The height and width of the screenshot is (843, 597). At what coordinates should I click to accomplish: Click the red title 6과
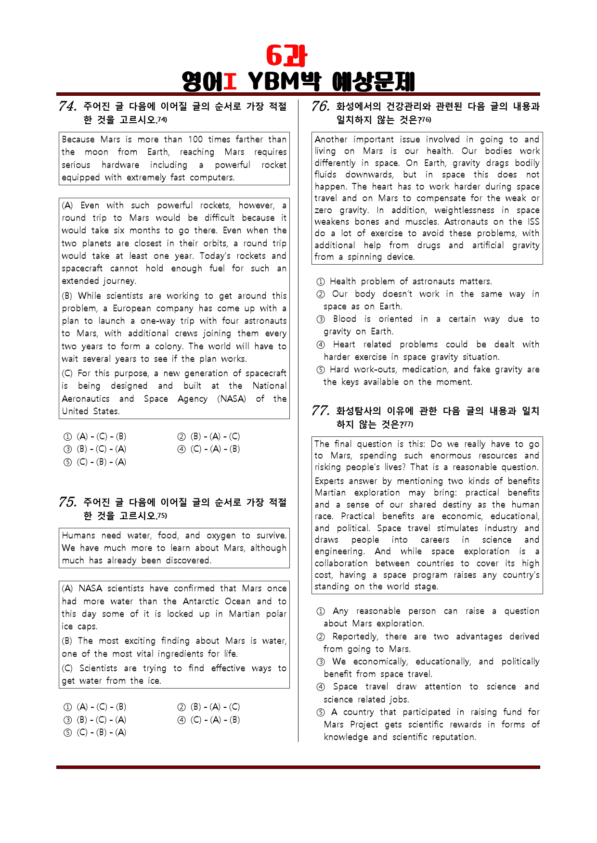(287, 56)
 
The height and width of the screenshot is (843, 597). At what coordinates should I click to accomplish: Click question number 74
(67, 106)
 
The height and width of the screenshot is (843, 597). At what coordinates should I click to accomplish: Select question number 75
(67, 502)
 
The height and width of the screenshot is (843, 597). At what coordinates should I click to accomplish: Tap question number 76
(321, 106)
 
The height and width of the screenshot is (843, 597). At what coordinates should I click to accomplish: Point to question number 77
(321, 410)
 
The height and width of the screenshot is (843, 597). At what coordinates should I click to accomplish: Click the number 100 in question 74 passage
(195, 139)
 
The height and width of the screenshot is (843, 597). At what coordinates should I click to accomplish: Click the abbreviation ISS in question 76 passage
(533, 221)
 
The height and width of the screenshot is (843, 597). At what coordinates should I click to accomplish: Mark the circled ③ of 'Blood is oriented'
(321, 319)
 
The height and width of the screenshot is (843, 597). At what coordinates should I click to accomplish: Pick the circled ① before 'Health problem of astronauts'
(321, 281)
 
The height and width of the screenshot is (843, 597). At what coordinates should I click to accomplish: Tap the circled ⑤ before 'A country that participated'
(321, 712)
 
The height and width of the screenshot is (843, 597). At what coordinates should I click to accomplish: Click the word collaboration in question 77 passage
(341, 563)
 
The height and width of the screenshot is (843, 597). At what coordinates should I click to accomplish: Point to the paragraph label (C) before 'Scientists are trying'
(67, 668)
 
